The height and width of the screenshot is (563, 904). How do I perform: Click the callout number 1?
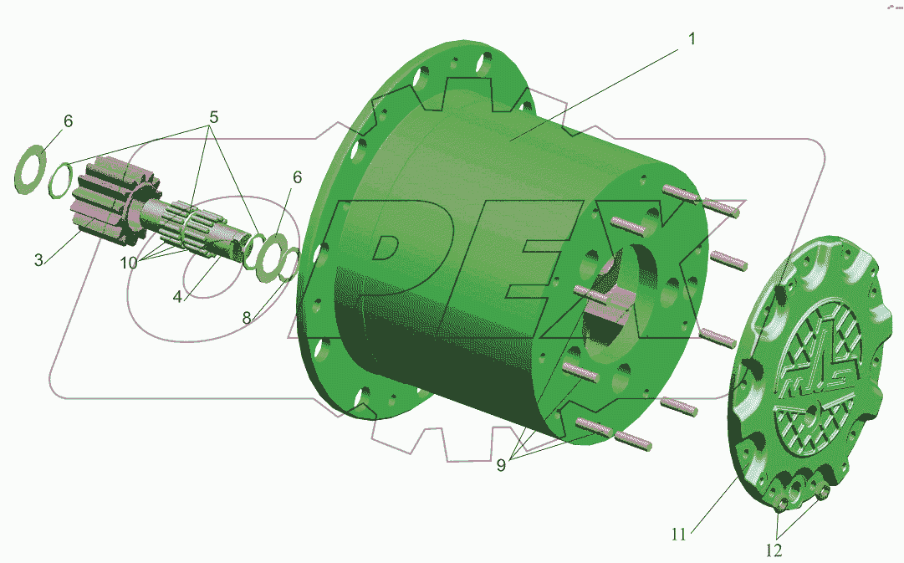(692, 39)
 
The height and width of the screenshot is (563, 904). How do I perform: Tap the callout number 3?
(38, 260)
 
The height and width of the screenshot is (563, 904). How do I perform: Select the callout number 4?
(177, 296)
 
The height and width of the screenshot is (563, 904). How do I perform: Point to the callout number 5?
(213, 118)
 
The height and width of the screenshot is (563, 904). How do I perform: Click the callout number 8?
(247, 317)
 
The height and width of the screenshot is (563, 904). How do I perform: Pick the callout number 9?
(501, 465)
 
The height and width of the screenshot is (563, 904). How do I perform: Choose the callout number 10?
(129, 263)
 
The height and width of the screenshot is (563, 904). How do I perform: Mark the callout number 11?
(678, 535)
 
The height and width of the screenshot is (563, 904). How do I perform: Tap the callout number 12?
(774, 550)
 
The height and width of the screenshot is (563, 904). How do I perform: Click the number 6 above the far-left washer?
(68, 121)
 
